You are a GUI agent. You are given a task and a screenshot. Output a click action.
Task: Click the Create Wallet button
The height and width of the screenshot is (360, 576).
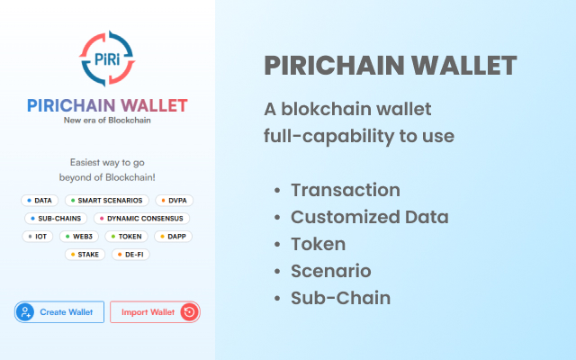point(59,312)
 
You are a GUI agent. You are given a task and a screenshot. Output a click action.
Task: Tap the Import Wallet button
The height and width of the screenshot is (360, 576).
point(154,312)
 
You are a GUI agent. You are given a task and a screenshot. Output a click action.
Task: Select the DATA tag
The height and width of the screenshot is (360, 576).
point(39,200)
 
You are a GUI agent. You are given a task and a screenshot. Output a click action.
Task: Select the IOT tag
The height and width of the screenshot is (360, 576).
point(38,236)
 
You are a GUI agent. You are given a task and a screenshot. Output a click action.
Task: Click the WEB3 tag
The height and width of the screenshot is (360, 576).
point(79,236)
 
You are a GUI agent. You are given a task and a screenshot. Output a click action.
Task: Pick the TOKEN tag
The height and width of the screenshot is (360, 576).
point(127,236)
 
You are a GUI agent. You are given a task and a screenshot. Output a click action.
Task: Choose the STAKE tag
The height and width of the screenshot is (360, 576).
point(85,255)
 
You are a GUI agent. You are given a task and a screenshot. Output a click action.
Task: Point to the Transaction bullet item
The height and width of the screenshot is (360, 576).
point(345,190)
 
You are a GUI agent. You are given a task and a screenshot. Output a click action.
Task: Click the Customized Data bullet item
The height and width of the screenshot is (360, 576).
point(369,217)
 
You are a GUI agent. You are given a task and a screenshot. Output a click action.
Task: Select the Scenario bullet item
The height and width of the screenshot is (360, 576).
point(330,271)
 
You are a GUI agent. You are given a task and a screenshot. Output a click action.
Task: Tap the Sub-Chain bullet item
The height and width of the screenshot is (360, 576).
point(340,298)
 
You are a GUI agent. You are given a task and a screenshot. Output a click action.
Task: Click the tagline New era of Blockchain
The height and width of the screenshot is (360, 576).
point(108,121)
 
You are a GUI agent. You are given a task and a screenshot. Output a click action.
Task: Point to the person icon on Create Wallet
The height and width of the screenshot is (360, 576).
point(26,312)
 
